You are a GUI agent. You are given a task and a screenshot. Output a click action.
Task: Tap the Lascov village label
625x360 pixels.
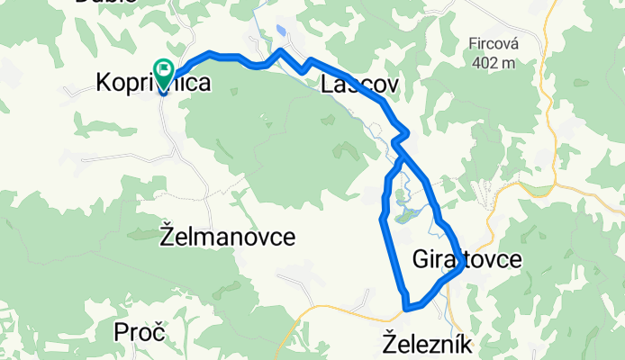tap(359, 85)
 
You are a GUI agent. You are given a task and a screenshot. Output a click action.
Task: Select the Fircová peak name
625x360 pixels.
tap(491, 42)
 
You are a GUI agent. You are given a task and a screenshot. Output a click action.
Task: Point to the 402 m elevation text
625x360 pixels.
tap(491, 63)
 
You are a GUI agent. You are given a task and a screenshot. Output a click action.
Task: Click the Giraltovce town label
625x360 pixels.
tap(466, 260)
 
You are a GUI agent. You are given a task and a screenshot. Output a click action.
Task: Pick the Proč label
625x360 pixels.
tap(140, 332)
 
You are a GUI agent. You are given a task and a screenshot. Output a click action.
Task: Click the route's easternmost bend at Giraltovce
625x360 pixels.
tap(462, 265)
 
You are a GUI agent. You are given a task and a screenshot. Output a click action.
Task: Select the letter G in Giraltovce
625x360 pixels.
tap(421, 260)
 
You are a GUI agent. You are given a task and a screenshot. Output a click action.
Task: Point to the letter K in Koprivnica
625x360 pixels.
tap(103, 85)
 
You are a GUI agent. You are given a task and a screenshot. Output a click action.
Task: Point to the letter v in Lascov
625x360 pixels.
tap(389, 85)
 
